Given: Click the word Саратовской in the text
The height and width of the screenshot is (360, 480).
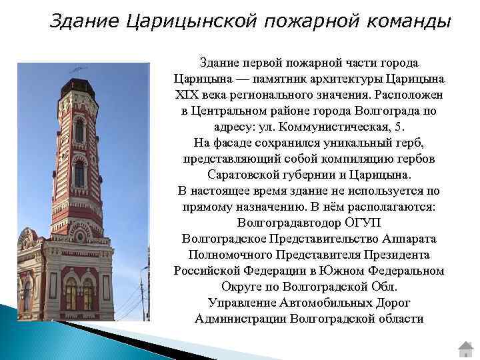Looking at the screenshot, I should pos(242,175).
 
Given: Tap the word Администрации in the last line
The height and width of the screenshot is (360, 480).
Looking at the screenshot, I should pos(241,319).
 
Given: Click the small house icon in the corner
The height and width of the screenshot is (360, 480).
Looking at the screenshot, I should pos(465,349).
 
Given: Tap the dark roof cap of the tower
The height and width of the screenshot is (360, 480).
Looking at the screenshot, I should pos(78,82).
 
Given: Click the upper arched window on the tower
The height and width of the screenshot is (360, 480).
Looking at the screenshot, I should pos(79,129).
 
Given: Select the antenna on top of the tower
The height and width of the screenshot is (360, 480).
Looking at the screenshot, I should pos(77,69).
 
